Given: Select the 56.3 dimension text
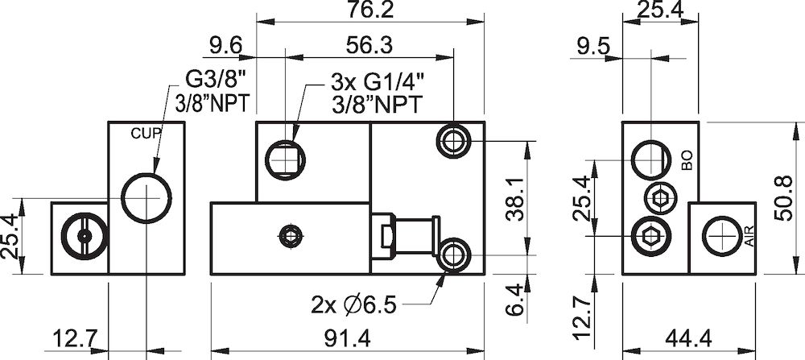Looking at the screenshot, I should pyautogui.click(x=371, y=47).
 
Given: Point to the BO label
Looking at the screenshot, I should pyautogui.click(x=687, y=159).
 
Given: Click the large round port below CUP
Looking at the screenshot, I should pyautogui.click(x=146, y=196).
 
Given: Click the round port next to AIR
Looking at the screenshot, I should pyautogui.click(x=722, y=236).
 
